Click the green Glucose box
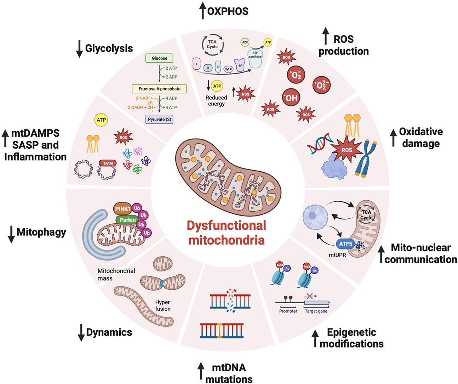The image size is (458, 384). [159, 58]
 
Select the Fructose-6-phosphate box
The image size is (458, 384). [159, 89]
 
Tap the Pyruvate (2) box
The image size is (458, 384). [159, 119]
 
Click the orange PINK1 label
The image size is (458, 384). [123, 209]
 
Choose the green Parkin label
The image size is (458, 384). [127, 220]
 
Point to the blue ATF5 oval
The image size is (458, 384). [345, 244]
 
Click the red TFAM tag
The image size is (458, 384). [108, 163]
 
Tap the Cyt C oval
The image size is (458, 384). [228, 69]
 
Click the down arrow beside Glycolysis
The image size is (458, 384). [79, 49]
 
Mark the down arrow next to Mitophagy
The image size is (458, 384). [11, 234]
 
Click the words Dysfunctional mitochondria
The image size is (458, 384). [227, 233]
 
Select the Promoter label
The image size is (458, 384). [288, 311]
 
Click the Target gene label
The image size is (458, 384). [316, 311]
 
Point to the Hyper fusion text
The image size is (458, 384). [163, 305]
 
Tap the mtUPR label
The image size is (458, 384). [337, 254]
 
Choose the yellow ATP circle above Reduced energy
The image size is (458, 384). [217, 86]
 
